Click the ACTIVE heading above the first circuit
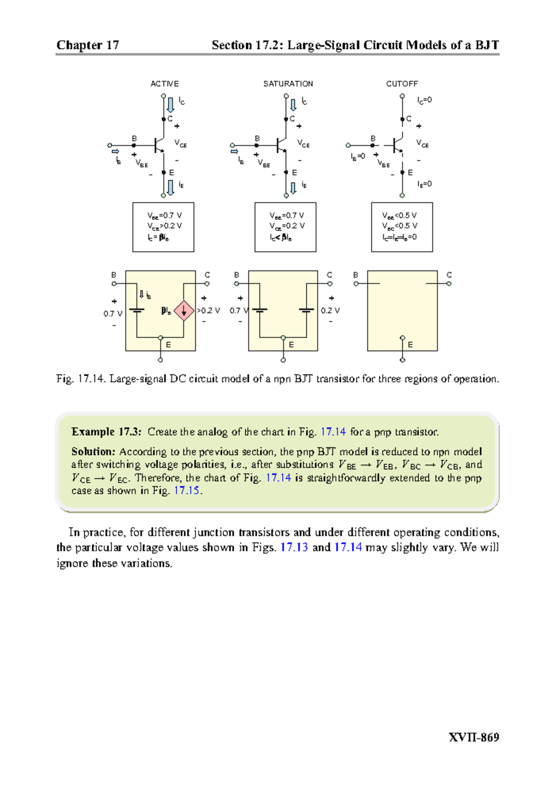[x=164, y=84]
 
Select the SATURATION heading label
[x=288, y=84]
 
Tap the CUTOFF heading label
[x=402, y=84]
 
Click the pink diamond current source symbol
[x=183, y=311]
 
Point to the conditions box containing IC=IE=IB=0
[x=402, y=227]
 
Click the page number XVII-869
[x=474, y=737]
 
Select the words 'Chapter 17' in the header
[x=88, y=45]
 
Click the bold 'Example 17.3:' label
[x=106, y=432]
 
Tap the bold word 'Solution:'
[x=93, y=452]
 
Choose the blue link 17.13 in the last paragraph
[x=294, y=547]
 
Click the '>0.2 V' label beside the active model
[x=208, y=310]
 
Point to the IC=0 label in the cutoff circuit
[x=424, y=100]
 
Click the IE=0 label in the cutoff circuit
[x=424, y=184]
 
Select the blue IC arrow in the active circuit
[x=171, y=104]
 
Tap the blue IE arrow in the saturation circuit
[x=293, y=188]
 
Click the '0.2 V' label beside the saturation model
[x=330, y=310]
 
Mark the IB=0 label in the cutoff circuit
[x=358, y=157]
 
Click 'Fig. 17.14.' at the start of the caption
[x=82, y=379]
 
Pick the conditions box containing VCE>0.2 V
[x=163, y=227]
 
